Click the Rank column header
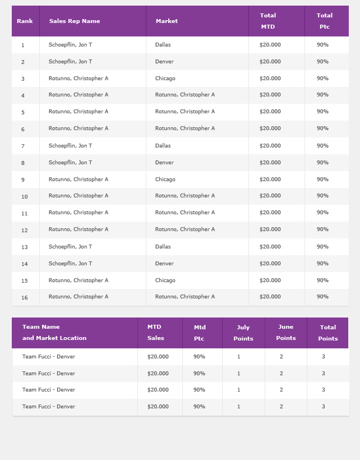point(25,21)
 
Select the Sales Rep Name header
point(75,21)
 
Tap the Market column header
point(167,21)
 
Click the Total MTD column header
point(267,21)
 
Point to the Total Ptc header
point(324,21)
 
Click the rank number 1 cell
point(23,45)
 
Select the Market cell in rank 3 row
point(165,79)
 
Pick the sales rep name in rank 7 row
point(70,146)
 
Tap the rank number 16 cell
point(25,297)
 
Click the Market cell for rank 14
point(164,264)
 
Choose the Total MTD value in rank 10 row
point(270,196)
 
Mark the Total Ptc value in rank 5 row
point(322,112)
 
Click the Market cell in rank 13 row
point(163,247)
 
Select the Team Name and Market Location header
point(54,333)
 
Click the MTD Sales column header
point(155,333)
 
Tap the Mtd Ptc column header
point(200,333)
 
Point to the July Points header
point(243,333)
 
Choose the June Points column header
point(285,333)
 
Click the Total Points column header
point(328,333)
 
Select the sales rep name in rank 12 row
point(79,229)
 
